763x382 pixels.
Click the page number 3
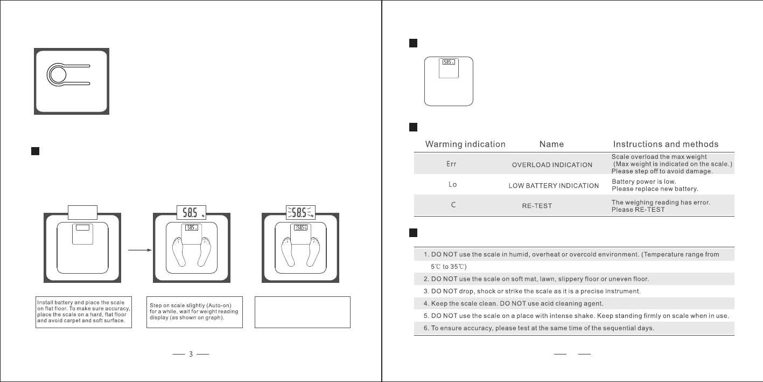coord(191,355)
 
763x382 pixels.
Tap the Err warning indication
coord(452,164)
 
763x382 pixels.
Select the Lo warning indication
coord(453,184)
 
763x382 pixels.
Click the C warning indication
coord(453,205)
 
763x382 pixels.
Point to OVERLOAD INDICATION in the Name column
coord(552,165)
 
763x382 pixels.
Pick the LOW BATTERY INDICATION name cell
coord(554,186)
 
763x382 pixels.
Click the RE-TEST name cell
coord(537,206)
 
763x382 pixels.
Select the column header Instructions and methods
coord(666,144)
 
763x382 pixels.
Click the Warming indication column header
coord(465,144)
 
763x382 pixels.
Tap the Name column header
coord(552,144)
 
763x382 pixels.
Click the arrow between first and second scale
coord(137,249)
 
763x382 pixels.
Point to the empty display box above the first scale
coord(82,212)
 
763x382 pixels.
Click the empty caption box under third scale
coord(302,312)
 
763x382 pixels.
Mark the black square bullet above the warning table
coord(413,127)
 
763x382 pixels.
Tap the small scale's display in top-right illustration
coord(449,62)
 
